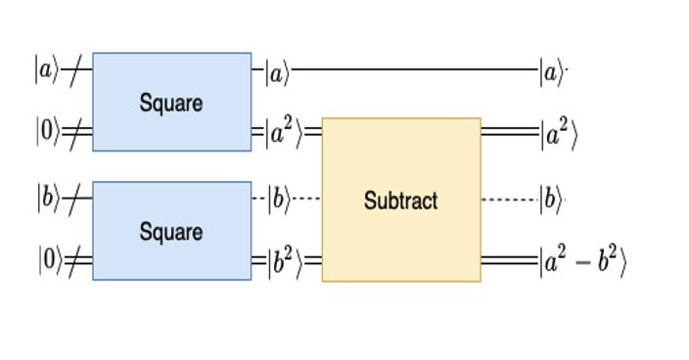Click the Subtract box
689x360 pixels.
(x=400, y=200)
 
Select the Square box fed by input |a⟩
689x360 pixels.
(x=171, y=102)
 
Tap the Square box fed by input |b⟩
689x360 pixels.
(x=171, y=231)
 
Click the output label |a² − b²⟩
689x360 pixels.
(x=581, y=262)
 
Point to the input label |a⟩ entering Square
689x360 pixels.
(x=47, y=70)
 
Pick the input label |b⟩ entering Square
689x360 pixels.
(x=48, y=198)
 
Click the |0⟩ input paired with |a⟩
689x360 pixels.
(x=48, y=133)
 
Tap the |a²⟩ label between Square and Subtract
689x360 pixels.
(x=285, y=133)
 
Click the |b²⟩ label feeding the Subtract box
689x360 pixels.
(x=285, y=262)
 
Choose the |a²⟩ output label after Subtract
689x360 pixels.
(x=558, y=133)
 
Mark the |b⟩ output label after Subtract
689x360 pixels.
(x=551, y=200)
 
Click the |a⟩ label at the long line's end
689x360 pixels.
(x=552, y=70)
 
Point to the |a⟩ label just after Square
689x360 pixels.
(x=278, y=70)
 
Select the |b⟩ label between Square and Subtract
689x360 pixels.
(x=279, y=200)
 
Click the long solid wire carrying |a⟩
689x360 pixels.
(x=415, y=70)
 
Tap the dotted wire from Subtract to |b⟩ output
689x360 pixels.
(x=509, y=200)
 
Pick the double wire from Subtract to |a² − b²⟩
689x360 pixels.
(x=509, y=262)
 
